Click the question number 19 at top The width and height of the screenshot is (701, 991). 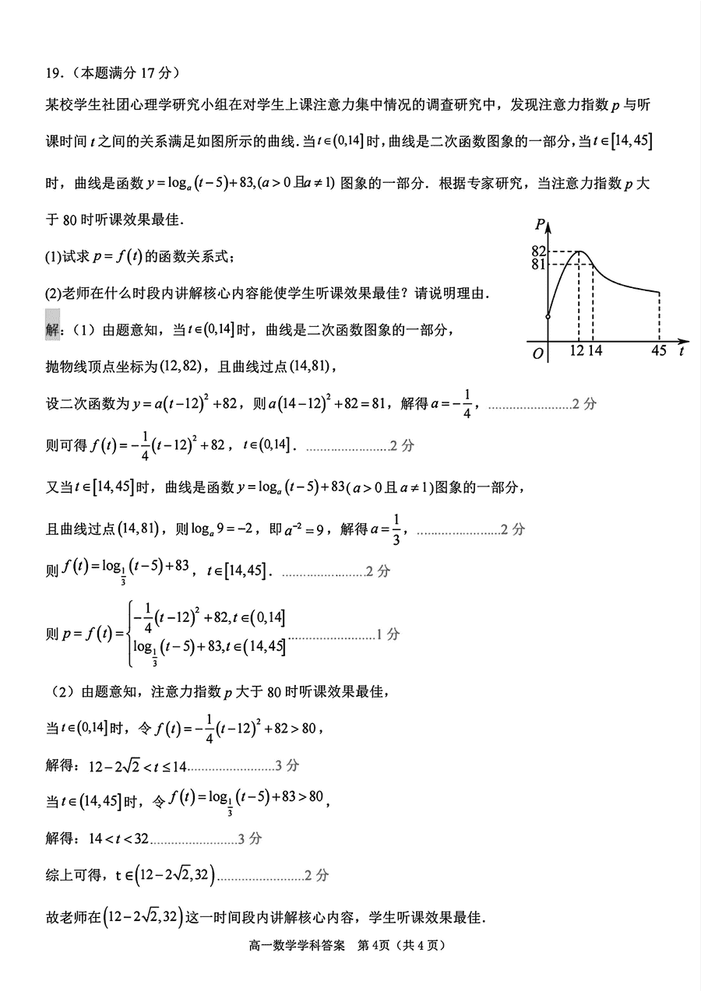53,73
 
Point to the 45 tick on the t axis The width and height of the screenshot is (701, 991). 659,351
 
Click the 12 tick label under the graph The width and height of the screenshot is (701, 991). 577,351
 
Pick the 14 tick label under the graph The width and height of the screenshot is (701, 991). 595,351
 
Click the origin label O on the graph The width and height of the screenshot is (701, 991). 537,353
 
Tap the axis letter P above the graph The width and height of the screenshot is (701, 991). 540,226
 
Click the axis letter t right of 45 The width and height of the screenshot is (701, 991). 682,351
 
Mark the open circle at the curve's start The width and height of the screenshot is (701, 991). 548,317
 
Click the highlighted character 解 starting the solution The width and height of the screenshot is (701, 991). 53,331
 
